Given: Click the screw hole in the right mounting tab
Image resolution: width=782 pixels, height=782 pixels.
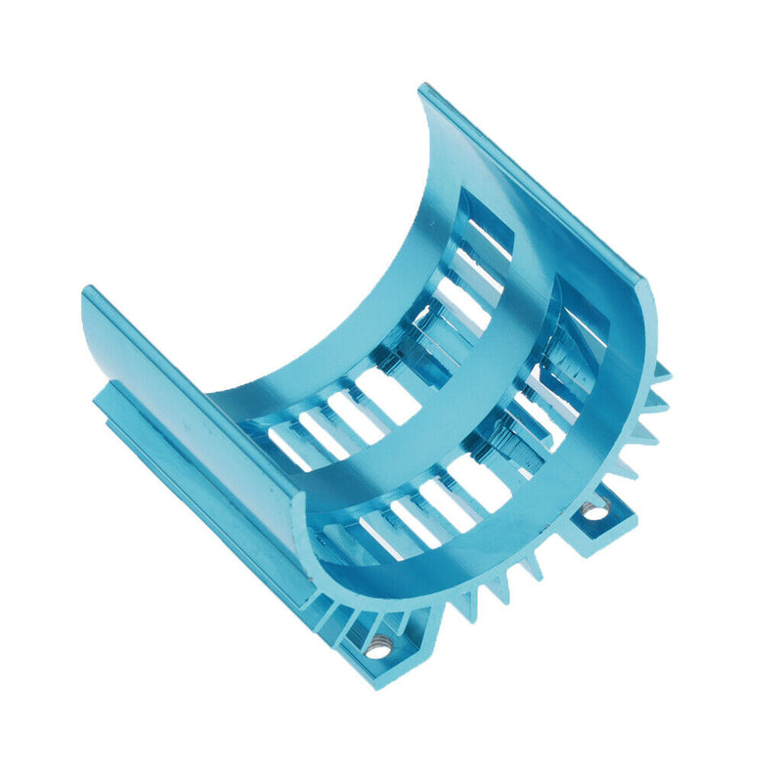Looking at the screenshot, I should [x=594, y=508].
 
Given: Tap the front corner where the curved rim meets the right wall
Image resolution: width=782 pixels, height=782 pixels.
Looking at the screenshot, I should [x=646, y=283].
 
